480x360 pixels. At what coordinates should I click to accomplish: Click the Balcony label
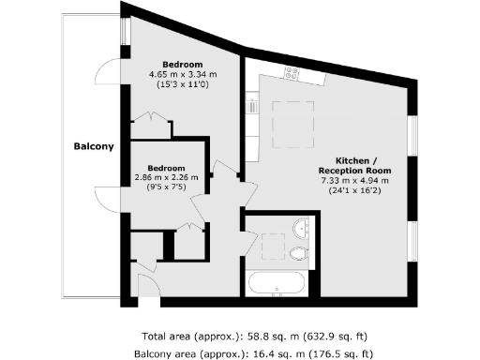(95, 146)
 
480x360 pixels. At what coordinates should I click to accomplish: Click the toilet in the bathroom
(299, 253)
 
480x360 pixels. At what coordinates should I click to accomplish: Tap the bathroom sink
(302, 228)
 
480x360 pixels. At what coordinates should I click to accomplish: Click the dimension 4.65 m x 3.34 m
(182, 73)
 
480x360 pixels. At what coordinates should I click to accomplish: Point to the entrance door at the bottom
(148, 287)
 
